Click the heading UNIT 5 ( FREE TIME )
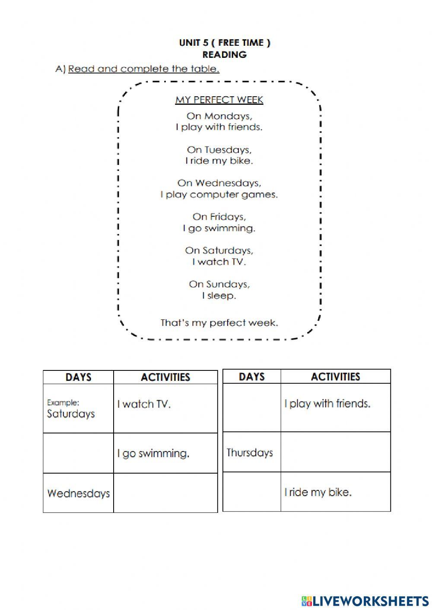(225, 43)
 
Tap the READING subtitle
(225, 55)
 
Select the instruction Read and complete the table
(143, 69)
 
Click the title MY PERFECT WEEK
(219, 100)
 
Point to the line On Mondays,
(219, 116)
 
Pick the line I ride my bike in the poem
(219, 161)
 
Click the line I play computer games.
(219, 195)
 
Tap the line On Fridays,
(219, 217)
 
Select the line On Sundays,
(219, 284)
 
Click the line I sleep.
(219, 296)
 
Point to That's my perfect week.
(219, 323)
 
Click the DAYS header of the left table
(78, 377)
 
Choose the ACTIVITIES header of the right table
(335, 377)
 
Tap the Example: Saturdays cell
(78, 409)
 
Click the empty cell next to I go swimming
(78, 453)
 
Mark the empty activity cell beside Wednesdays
(165, 493)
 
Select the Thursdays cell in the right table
(251, 452)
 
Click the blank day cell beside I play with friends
(251, 408)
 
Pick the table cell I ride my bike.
(335, 492)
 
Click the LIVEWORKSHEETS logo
(365, 601)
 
